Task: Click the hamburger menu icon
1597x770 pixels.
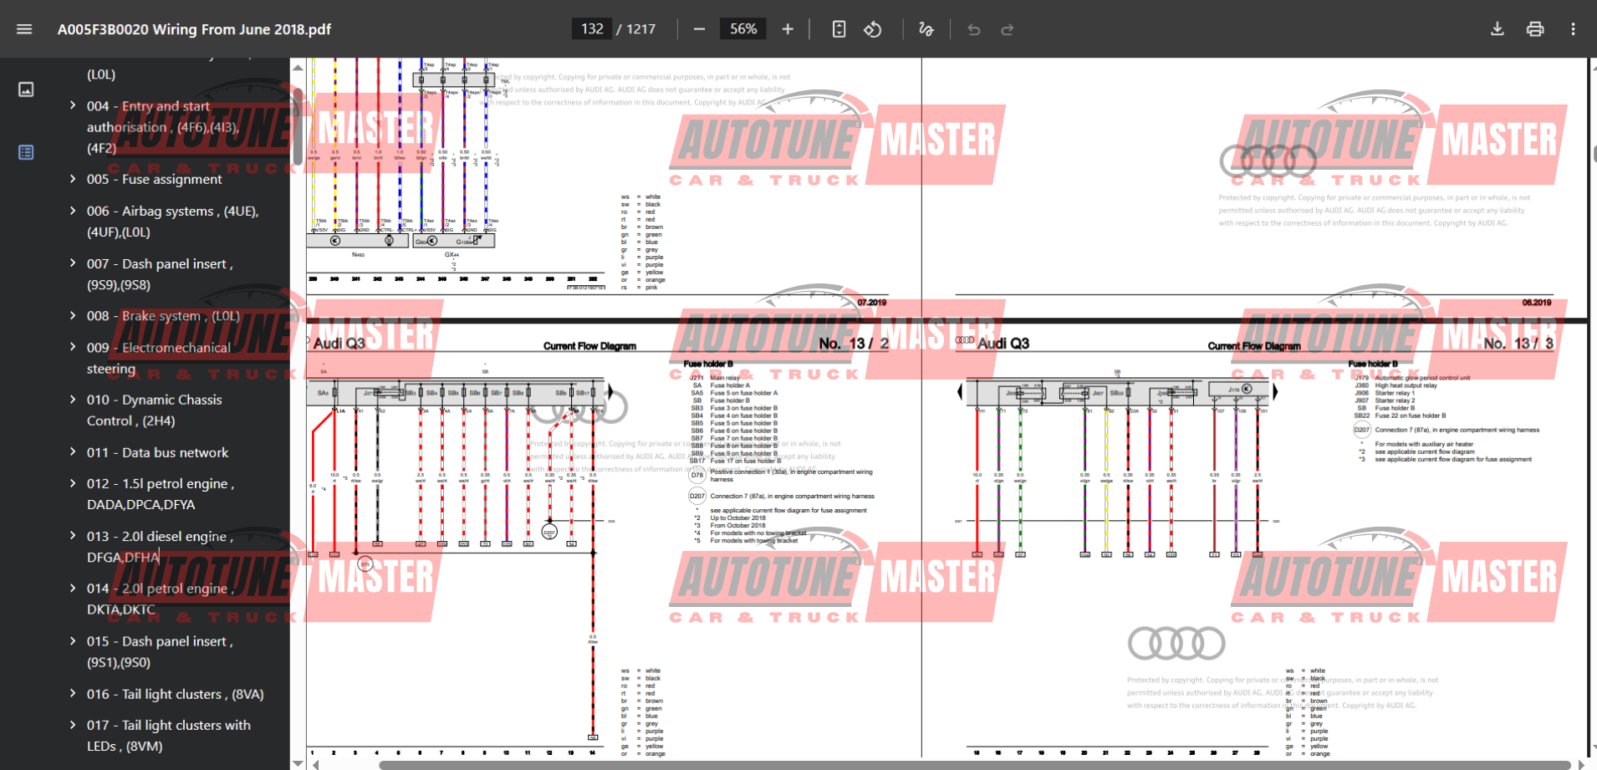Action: tap(24, 29)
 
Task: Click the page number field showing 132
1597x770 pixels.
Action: tap(592, 29)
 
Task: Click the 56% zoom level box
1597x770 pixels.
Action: tap(742, 29)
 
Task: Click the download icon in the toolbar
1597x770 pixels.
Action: tap(1497, 29)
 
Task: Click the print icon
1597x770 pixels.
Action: tap(1534, 29)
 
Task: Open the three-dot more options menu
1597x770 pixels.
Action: tap(1572, 29)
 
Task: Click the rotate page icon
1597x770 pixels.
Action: tap(872, 29)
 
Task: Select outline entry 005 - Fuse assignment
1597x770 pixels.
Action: tap(154, 179)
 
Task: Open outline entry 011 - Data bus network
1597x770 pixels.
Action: tap(157, 452)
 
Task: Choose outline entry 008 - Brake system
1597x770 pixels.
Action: tap(162, 316)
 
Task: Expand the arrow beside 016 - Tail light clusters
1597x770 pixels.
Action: tap(73, 694)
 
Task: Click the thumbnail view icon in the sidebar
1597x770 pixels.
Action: tap(26, 89)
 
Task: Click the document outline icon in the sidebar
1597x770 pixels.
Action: tap(26, 152)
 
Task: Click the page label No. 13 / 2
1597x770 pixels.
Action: tap(853, 344)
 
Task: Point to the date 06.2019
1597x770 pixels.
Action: tap(1536, 303)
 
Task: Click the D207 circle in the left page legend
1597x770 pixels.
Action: tap(696, 496)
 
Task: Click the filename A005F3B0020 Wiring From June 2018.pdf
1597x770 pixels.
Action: tap(194, 29)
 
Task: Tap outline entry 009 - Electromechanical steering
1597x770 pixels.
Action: tap(159, 358)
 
